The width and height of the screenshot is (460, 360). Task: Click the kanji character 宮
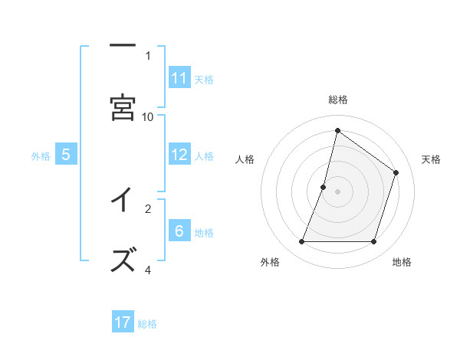(x=123, y=107)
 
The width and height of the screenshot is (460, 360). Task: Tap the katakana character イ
(x=123, y=200)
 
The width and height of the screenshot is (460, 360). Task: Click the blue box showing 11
(x=179, y=77)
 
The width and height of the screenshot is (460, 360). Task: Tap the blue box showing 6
(x=179, y=231)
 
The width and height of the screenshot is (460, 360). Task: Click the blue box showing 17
(x=123, y=322)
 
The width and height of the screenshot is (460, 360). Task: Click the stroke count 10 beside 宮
(x=148, y=116)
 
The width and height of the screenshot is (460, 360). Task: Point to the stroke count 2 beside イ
(x=148, y=208)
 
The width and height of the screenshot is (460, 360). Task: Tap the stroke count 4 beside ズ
(x=148, y=270)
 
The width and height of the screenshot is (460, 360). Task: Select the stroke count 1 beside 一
(x=148, y=55)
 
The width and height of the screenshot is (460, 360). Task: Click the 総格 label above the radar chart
(x=338, y=100)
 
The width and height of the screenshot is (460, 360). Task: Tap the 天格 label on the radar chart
(x=431, y=159)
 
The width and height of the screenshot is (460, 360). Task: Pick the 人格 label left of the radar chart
(x=245, y=159)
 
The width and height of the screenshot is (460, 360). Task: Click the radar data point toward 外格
(x=301, y=242)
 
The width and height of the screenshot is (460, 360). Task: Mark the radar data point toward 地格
(x=374, y=242)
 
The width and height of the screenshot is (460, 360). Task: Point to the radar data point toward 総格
(x=337, y=130)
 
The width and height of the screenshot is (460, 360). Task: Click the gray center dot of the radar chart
(x=337, y=191)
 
